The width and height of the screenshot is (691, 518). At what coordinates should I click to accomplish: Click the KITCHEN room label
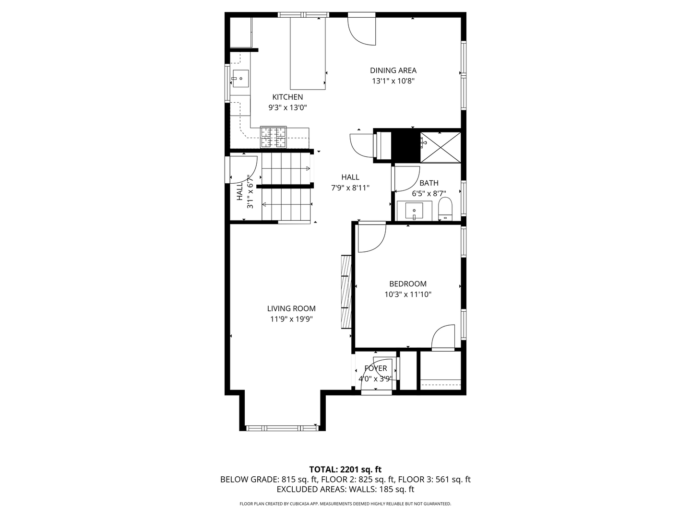point(287,97)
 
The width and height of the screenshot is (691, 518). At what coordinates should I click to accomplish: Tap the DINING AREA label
point(393,71)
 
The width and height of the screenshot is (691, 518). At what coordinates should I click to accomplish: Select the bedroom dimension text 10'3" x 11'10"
point(407,294)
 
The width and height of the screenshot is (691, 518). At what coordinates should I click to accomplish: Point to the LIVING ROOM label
point(291,309)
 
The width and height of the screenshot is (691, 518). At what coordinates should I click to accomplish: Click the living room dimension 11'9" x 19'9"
point(291,319)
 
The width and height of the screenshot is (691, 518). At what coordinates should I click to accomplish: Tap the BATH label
point(429,183)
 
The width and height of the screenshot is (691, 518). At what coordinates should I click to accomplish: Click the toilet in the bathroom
point(445,209)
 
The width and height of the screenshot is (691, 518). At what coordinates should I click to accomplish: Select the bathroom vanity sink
point(414,210)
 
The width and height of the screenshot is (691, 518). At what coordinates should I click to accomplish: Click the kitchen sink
point(240,78)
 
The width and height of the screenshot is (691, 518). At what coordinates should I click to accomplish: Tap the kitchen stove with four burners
point(273,137)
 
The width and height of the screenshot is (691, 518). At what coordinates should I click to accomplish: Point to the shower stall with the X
point(441,147)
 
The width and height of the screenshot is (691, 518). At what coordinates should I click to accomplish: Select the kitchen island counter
point(308,54)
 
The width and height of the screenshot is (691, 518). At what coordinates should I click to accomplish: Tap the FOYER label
point(375,368)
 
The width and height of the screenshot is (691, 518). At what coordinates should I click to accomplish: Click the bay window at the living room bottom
point(282,427)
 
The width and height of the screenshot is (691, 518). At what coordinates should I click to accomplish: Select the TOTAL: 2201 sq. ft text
point(345,469)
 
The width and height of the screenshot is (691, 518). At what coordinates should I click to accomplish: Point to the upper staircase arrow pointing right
point(306,168)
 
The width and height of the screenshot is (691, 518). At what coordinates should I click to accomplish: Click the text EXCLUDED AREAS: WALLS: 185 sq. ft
point(345,489)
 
